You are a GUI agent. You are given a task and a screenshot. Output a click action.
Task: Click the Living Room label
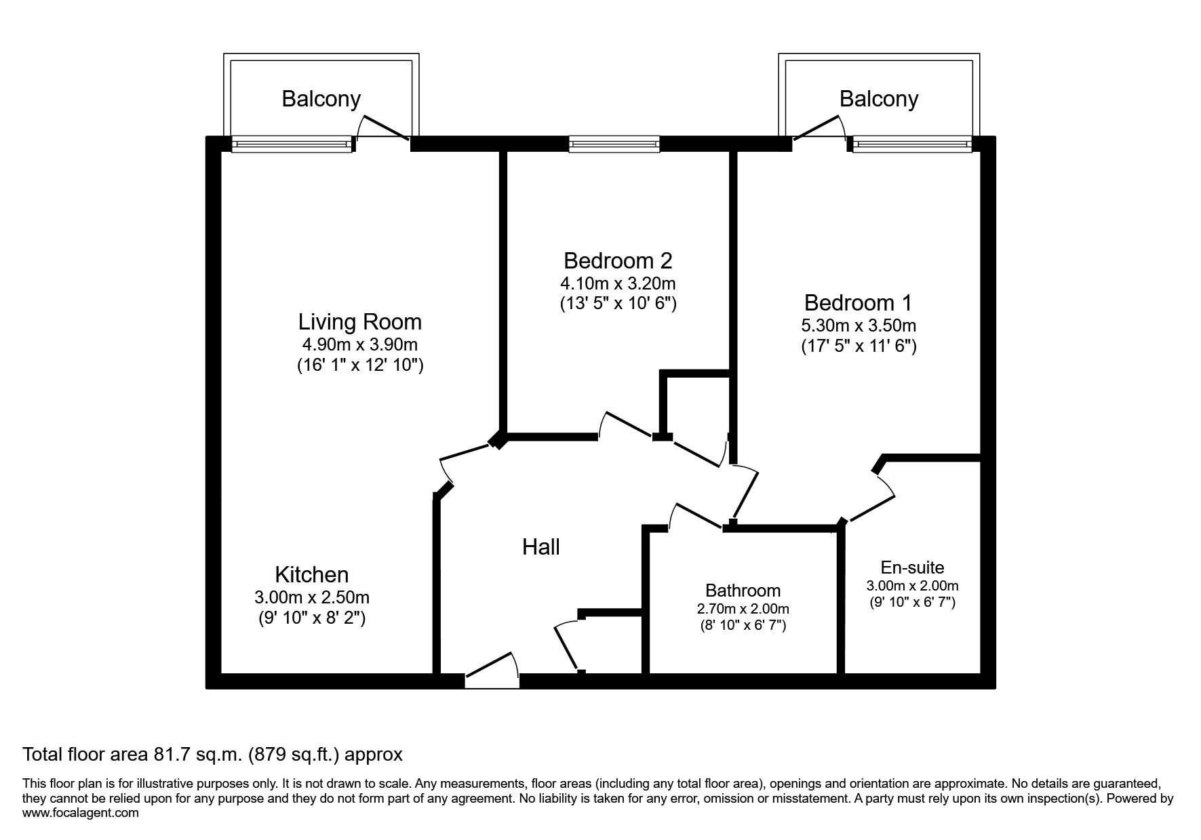point(359,321)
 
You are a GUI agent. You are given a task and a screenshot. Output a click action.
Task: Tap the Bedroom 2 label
point(617,260)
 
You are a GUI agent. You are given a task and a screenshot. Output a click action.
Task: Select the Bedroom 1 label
point(858,302)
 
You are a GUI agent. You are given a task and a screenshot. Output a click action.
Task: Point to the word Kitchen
point(311,575)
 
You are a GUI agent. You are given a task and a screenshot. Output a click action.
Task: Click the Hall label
point(540,547)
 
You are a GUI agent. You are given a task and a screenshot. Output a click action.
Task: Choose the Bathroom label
point(743,591)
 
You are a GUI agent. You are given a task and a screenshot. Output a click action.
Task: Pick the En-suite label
point(912,567)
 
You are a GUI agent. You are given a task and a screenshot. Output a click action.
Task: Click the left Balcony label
point(321,99)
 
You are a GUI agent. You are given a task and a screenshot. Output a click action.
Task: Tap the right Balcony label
point(878,99)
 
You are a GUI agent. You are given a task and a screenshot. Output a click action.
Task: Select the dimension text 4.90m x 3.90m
point(359,344)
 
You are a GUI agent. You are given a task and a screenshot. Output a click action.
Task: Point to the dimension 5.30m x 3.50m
point(858,325)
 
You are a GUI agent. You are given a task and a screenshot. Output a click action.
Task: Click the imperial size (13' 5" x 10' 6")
point(617,303)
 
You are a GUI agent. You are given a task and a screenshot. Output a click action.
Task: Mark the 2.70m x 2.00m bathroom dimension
point(743,609)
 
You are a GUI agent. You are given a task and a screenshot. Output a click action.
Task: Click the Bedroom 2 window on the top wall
point(614,143)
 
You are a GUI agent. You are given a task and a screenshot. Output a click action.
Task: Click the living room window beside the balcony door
point(292,144)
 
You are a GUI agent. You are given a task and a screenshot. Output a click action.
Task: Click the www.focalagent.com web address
point(81,813)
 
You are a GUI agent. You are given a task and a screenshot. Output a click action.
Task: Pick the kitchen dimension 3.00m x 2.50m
point(311,597)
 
